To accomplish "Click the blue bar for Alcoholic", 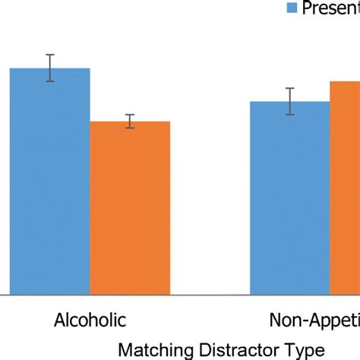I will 49,182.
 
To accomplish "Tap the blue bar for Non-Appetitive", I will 290,197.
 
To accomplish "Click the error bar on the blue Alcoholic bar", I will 50,68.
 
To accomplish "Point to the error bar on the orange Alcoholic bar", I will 130,122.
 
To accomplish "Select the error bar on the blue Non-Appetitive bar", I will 290,101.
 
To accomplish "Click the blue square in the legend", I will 292,8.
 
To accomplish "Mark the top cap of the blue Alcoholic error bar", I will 50,55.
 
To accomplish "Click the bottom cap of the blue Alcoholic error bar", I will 50,81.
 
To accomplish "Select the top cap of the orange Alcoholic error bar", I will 130,115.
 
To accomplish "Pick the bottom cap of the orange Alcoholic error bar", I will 130,128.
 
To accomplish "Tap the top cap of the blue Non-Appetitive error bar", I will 290,88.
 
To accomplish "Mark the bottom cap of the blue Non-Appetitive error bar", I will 290,115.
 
